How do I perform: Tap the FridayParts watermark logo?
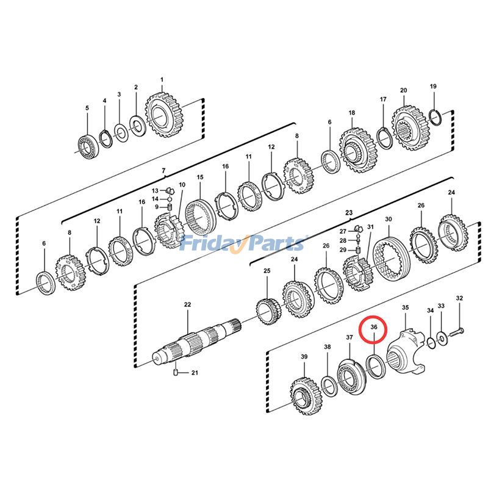click(x=242, y=244)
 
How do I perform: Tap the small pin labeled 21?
click(x=176, y=371)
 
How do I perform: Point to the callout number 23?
click(x=349, y=213)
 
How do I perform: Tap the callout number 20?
click(x=403, y=90)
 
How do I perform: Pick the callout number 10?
click(x=181, y=185)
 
